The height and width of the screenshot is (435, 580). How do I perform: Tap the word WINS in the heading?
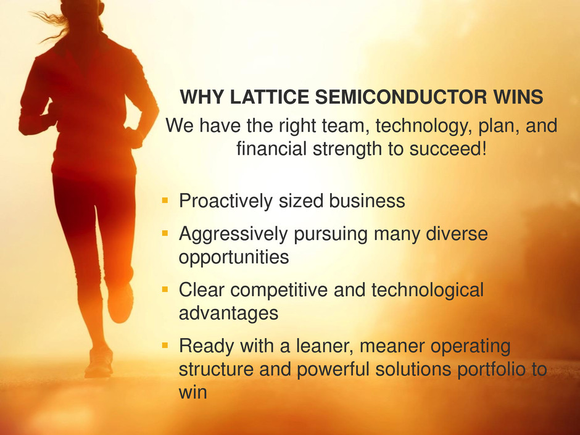click(x=518, y=97)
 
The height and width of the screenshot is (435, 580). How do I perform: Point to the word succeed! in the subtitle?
click(x=448, y=149)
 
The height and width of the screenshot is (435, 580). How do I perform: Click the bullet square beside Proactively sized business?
click(x=165, y=201)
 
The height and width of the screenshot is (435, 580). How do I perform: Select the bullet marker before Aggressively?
click(x=165, y=233)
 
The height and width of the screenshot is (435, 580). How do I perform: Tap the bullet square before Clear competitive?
click(x=165, y=289)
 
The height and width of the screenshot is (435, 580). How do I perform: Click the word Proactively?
click(x=226, y=201)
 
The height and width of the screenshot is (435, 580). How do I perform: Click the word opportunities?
click(x=234, y=257)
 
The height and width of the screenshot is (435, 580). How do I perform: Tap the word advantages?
click(x=228, y=313)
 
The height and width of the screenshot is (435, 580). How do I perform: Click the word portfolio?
click(x=491, y=369)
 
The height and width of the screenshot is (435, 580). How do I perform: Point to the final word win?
click(x=193, y=392)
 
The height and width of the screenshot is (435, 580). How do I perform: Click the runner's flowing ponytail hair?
click(x=52, y=22)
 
